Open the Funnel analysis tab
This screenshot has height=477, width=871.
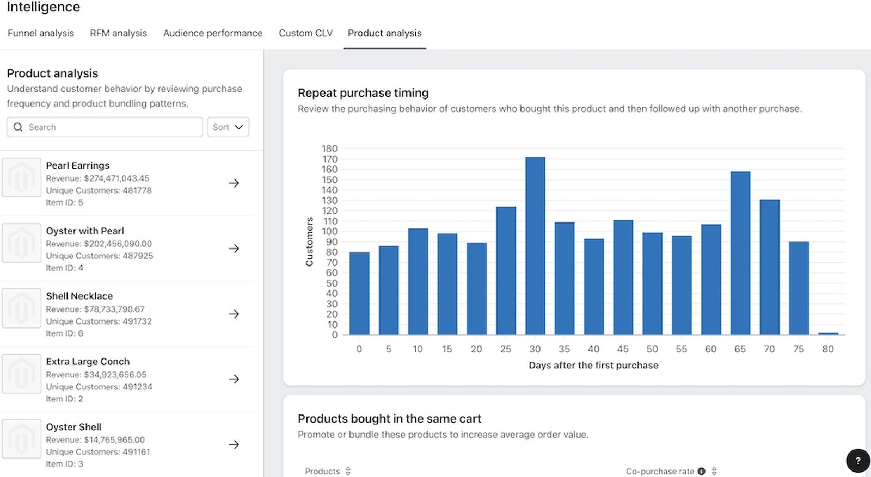[40, 33]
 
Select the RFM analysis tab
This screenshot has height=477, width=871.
[118, 33]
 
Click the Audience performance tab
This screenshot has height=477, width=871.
[213, 33]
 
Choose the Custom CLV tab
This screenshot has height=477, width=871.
[305, 33]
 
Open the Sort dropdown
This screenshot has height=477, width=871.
[228, 127]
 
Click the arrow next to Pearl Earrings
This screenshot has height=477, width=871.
[234, 183]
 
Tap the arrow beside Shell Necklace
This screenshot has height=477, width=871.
[234, 314]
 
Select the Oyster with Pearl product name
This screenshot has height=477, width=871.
[85, 231]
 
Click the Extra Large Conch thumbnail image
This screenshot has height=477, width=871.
[21, 374]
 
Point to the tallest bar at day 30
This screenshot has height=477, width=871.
[535, 246]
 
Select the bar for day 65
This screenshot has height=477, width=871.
[740, 253]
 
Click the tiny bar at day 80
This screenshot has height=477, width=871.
[828, 333]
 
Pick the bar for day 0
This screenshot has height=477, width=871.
[359, 293]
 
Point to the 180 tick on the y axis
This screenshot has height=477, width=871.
[329, 148]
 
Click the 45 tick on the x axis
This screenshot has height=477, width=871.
[623, 349]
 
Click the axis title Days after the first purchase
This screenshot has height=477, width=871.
[593, 365]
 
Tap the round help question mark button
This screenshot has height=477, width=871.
[858, 461]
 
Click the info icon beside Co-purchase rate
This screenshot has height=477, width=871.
[702, 471]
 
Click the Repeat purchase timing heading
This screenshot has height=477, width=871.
[363, 93]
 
